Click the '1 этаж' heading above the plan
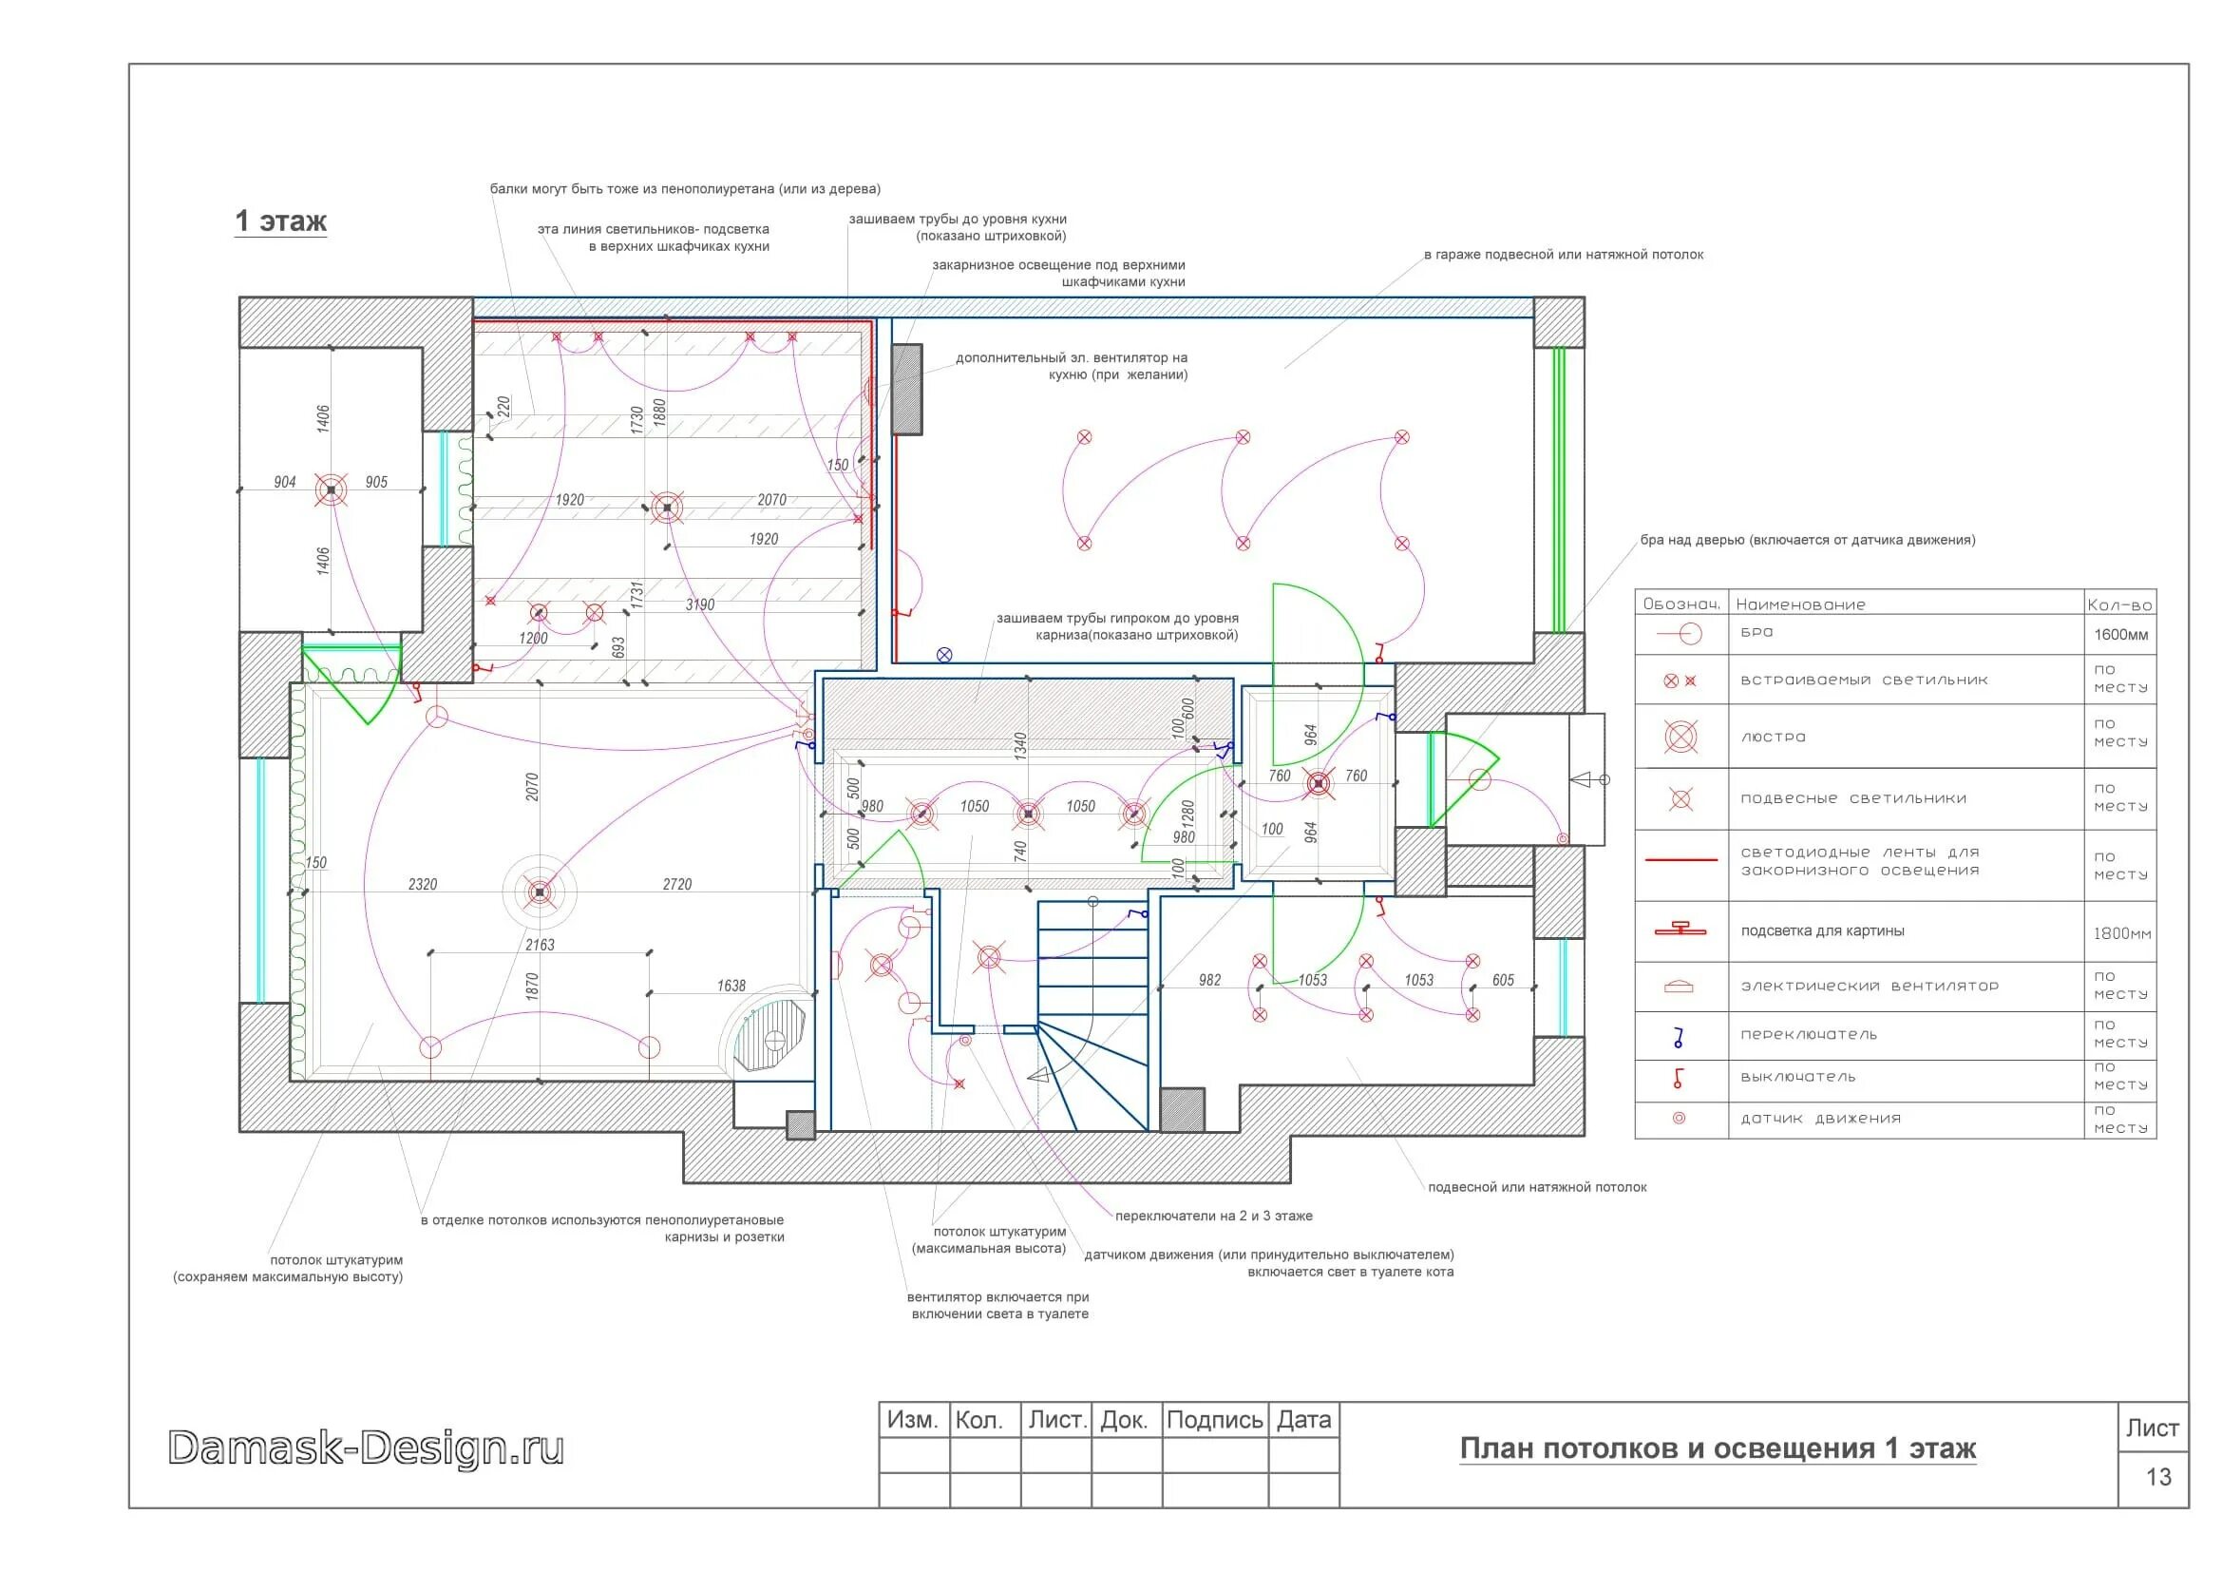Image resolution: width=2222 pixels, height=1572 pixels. (x=280, y=221)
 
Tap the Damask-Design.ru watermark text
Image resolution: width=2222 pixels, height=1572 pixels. (x=366, y=1448)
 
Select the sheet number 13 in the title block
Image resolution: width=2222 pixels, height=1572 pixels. (x=2159, y=1477)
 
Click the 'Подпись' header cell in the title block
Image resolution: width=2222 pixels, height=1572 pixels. (x=1215, y=1420)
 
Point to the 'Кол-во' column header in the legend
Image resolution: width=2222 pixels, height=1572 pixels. (x=2119, y=605)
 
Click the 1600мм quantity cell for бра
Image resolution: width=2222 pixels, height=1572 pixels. (x=2121, y=635)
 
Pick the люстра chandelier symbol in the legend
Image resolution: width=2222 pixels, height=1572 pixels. (x=1681, y=738)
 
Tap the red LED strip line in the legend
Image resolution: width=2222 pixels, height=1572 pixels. (x=1681, y=859)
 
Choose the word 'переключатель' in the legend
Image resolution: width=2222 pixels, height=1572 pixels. (x=1809, y=1035)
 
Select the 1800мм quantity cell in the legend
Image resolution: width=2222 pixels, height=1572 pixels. (x=2122, y=934)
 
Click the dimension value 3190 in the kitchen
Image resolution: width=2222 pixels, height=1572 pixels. (x=700, y=605)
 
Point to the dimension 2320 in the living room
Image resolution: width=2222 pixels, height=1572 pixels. (x=423, y=885)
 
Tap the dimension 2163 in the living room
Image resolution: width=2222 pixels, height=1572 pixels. (x=540, y=945)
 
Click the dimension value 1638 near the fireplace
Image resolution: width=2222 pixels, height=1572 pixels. (x=731, y=987)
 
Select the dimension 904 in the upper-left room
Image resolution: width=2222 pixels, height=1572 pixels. (x=285, y=482)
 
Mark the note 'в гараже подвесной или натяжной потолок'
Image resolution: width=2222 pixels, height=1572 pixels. (x=1563, y=255)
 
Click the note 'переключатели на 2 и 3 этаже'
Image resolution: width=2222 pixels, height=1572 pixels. (x=1213, y=1216)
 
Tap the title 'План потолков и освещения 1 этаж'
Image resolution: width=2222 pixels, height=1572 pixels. (x=1718, y=1449)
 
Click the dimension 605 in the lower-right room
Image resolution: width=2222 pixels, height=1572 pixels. (x=1503, y=981)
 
